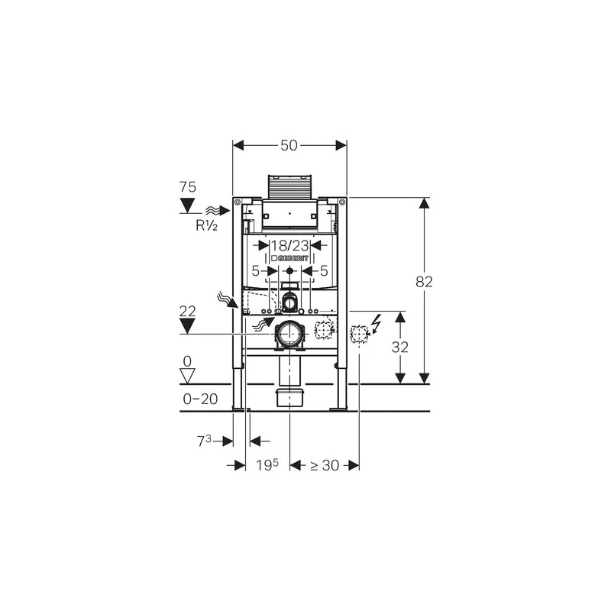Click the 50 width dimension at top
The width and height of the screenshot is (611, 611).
tap(289, 145)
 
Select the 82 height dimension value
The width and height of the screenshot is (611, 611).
tap(424, 281)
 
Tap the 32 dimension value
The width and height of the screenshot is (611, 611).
tap(399, 347)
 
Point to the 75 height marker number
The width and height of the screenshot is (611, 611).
tap(187, 187)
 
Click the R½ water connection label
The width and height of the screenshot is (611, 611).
tap(206, 225)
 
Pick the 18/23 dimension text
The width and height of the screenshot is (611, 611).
tap(289, 245)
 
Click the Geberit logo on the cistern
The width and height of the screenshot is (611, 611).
tap(289, 258)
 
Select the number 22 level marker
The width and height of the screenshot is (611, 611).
tap(187, 311)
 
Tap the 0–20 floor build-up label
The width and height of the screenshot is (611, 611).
tap(200, 399)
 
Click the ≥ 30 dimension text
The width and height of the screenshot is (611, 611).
tap(325, 465)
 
